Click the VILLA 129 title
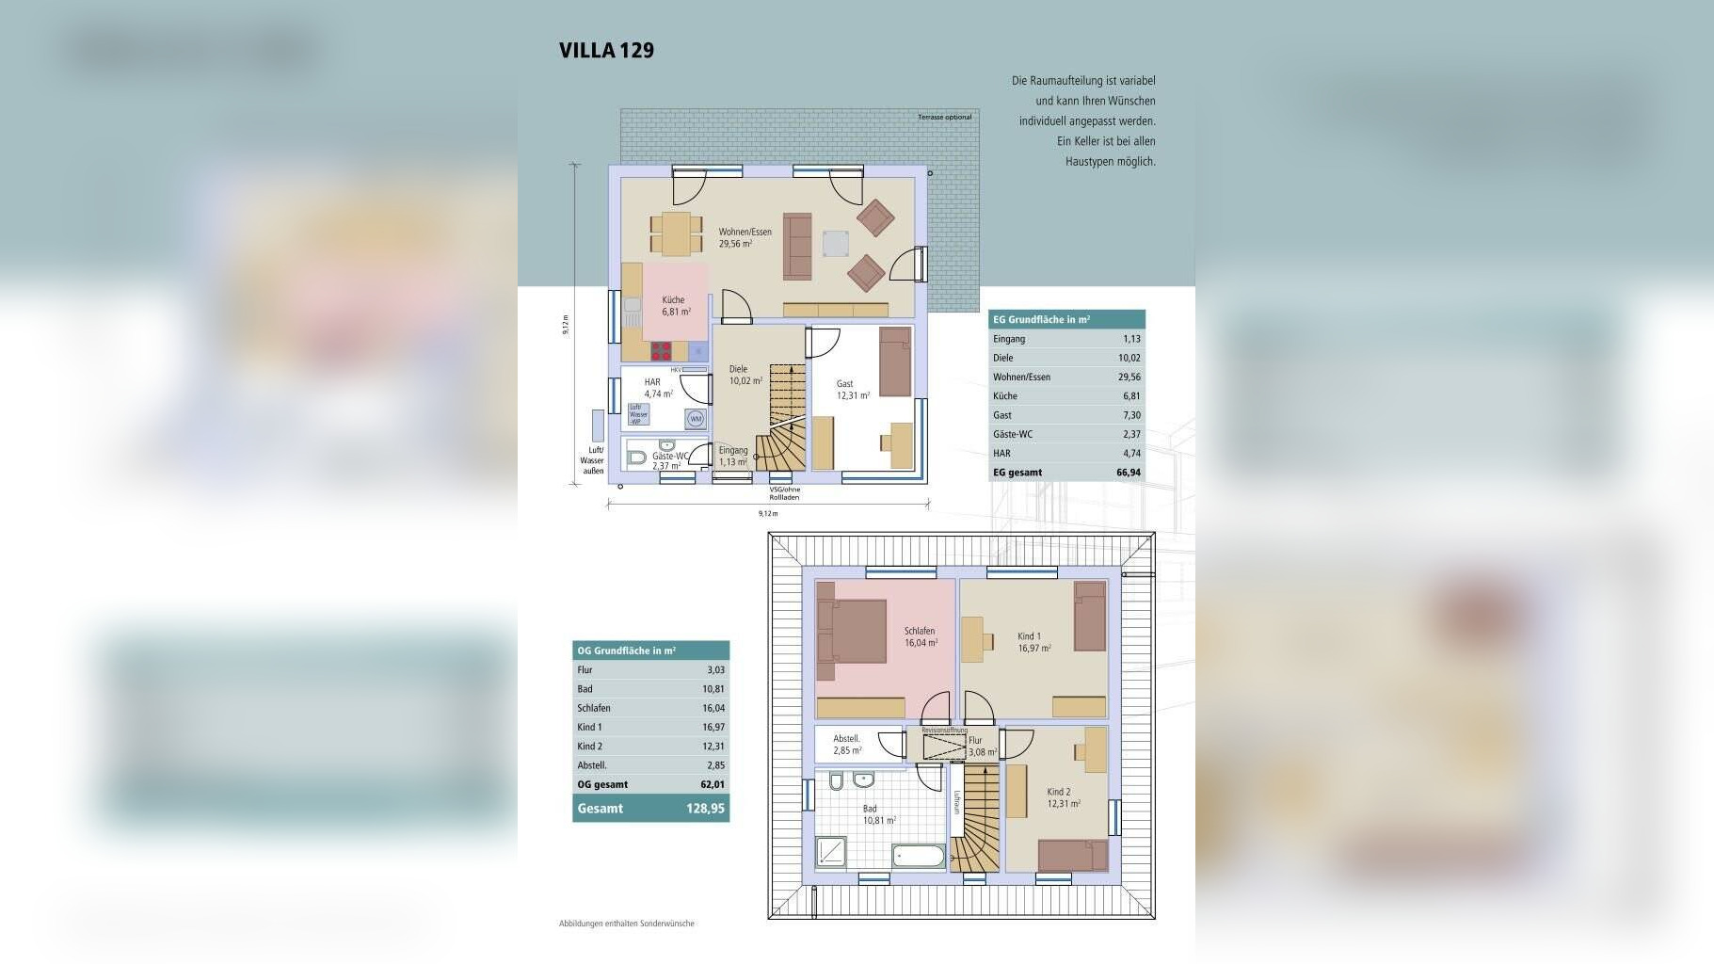[606, 51]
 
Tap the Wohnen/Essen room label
[745, 237]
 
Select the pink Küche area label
[675, 305]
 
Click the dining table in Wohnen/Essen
[676, 233]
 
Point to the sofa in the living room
[798, 247]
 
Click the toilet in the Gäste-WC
[637, 458]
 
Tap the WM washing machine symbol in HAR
[696, 419]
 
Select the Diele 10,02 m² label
[745, 376]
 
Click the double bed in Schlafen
[851, 631]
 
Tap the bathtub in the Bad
[919, 857]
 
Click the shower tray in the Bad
[831, 852]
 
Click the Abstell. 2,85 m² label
[847, 745]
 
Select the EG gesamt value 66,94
[1128, 473]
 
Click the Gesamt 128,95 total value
[705, 809]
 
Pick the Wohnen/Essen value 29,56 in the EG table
[1129, 377]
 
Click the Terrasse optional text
[944, 118]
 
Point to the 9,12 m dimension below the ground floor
[768, 514]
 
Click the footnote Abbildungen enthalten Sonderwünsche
[626, 924]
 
